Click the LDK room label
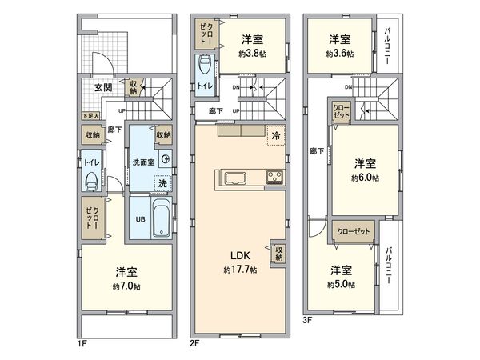[x=242, y=256]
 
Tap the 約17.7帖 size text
[x=241, y=270]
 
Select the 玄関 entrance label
[x=102, y=87]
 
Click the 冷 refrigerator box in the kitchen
[x=275, y=137]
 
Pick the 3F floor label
[x=307, y=321]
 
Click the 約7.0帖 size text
[x=126, y=286]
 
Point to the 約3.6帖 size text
[x=340, y=53]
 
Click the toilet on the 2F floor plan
[x=205, y=66]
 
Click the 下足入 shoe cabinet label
[x=90, y=117]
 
